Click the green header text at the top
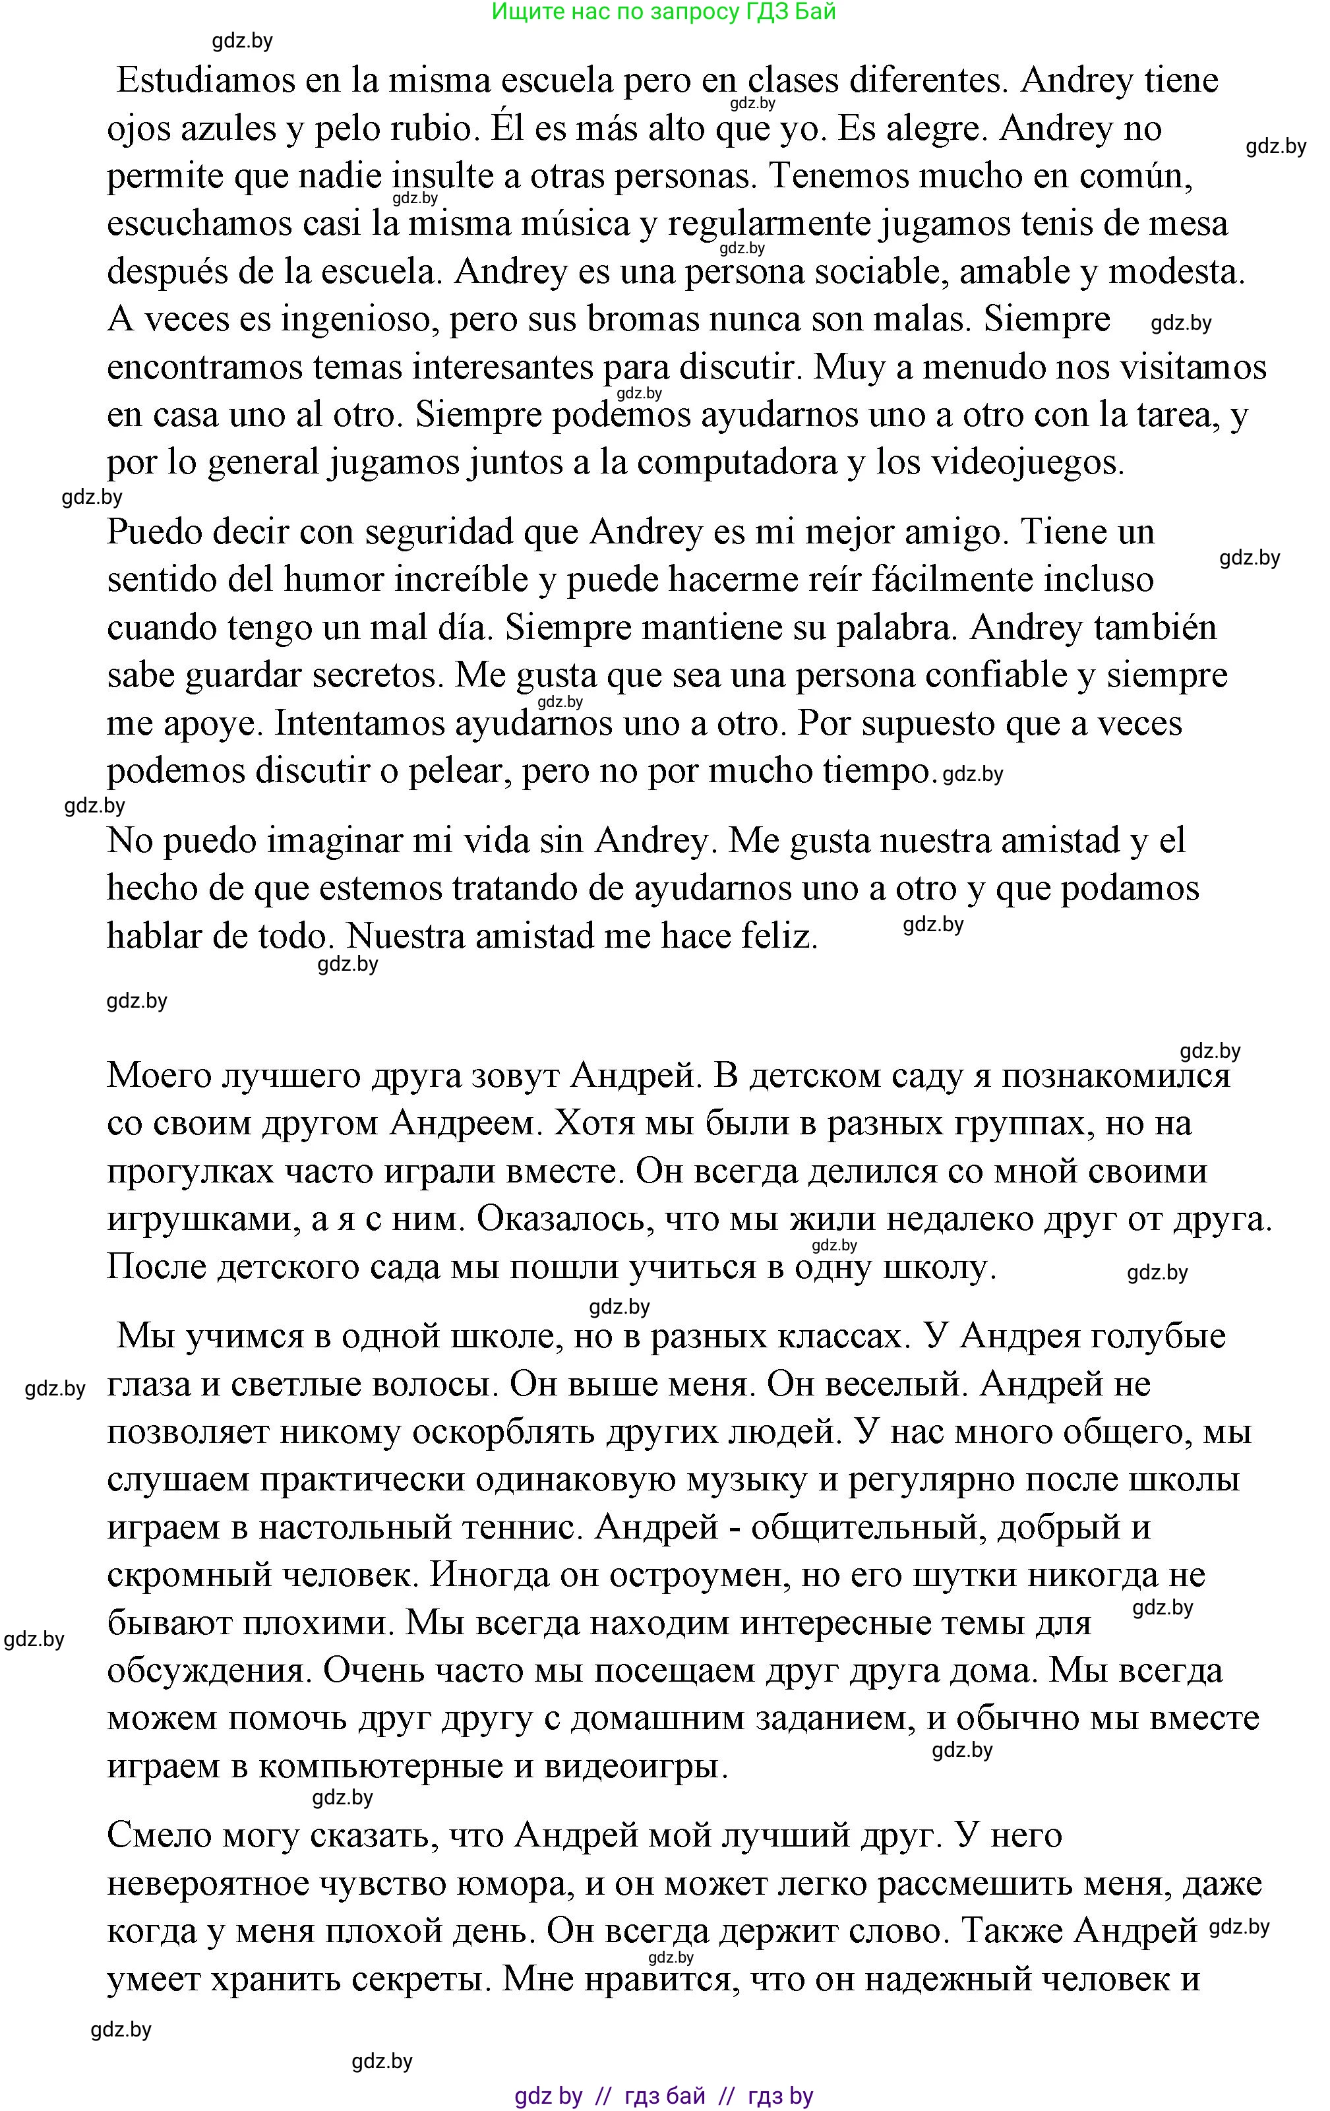664,13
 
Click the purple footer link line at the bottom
664,2095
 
